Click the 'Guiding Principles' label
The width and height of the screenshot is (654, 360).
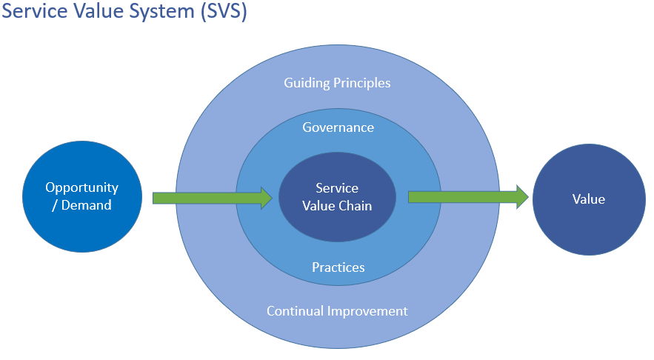337,82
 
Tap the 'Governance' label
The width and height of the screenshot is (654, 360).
338,127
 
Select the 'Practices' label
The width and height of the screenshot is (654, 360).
338,267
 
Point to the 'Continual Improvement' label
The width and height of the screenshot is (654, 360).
337,311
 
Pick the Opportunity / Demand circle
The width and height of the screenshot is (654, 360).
81,196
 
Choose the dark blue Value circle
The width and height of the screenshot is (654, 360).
589,198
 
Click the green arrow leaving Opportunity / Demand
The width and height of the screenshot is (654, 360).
207,198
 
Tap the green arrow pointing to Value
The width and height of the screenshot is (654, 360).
467,196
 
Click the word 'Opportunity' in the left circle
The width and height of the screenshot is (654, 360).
81,187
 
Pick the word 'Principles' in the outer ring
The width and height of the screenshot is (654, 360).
361,82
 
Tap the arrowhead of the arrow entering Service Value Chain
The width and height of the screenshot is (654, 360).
266,198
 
